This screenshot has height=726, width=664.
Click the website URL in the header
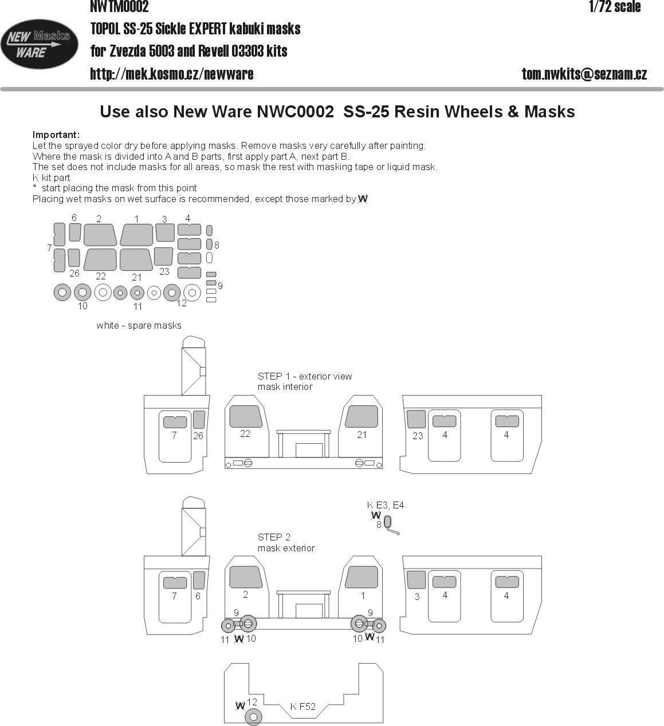click(x=172, y=74)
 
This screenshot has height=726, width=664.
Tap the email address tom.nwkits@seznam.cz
click(x=584, y=74)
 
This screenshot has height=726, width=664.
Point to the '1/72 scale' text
click(x=615, y=7)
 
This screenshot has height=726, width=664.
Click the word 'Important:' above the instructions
click(x=56, y=135)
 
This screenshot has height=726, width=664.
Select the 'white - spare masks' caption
click(x=139, y=325)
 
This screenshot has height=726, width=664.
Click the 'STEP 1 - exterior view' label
click(x=305, y=376)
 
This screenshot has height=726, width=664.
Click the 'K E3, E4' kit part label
click(x=386, y=505)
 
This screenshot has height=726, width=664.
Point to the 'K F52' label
click(x=302, y=707)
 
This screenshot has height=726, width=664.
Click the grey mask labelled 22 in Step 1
click(x=246, y=416)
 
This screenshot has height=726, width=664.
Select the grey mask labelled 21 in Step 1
click(x=362, y=416)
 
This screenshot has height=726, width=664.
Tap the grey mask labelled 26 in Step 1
click(x=199, y=420)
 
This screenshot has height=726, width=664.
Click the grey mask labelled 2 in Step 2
click(x=246, y=577)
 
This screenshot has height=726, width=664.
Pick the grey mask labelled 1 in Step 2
click(x=362, y=577)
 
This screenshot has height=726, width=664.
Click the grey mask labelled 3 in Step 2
click(x=416, y=579)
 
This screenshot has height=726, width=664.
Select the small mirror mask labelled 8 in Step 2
click(x=388, y=522)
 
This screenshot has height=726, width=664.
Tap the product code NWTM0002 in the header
click(x=120, y=7)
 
